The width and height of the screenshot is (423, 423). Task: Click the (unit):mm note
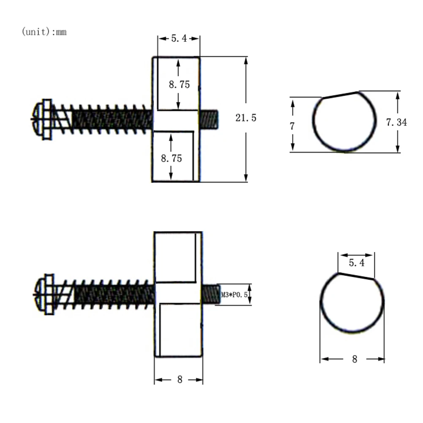tap(44, 32)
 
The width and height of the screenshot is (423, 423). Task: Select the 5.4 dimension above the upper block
tap(179, 38)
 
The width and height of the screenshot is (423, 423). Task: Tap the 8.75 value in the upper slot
tap(179, 84)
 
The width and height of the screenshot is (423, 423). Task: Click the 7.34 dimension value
tap(396, 123)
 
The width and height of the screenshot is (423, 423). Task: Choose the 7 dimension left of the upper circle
tap(292, 126)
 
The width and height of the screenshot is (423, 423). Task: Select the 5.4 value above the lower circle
tap(357, 263)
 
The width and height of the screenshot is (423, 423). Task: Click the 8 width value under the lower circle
tap(354, 359)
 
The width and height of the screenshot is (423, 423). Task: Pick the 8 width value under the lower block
tap(180, 379)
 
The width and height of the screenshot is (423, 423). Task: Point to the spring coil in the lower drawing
tap(110, 294)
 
